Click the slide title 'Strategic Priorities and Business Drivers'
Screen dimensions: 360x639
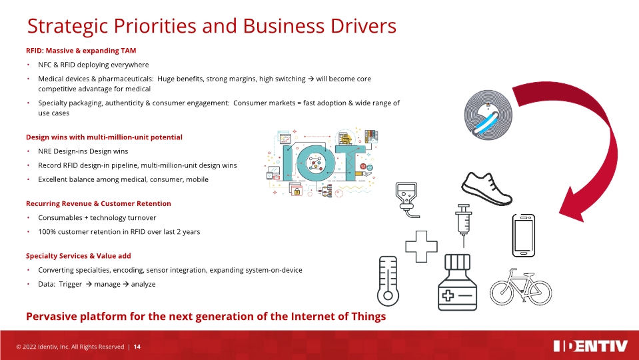[x=211, y=26]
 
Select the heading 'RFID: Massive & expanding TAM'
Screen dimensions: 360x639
[x=81, y=51]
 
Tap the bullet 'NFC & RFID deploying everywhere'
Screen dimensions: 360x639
[x=93, y=65]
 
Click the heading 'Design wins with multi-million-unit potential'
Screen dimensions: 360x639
[x=103, y=137]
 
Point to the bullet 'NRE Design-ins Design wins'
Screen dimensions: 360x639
[x=83, y=151]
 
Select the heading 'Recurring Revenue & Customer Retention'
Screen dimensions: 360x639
[x=98, y=203]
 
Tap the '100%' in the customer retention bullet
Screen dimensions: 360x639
[x=47, y=232]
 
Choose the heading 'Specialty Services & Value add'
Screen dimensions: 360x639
[x=78, y=256]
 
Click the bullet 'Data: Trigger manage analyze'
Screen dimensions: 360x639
[x=97, y=284]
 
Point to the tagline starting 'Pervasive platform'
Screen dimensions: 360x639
[x=205, y=316]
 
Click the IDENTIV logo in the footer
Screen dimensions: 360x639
[x=590, y=346]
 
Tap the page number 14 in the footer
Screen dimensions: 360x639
[x=137, y=347]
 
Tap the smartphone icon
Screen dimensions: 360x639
[x=522, y=235]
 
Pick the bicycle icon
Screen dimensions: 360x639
[x=521, y=287]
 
